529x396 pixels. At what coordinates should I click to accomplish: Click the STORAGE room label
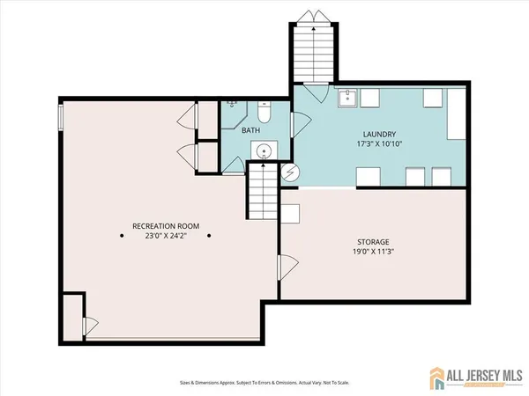pyautogui.click(x=374, y=241)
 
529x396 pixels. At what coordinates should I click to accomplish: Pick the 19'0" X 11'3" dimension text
pyautogui.click(x=374, y=251)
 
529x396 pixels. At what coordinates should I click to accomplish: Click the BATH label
pyautogui.click(x=251, y=131)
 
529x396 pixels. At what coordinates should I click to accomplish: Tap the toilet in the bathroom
pyautogui.click(x=264, y=114)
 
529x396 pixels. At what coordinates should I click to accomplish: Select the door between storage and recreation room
pyautogui.click(x=285, y=268)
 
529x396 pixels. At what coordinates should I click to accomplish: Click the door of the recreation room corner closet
pyautogui.click(x=88, y=326)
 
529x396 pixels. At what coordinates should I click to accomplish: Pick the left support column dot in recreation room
pyautogui.click(x=123, y=235)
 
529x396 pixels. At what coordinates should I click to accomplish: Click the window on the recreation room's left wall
pyautogui.click(x=61, y=117)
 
